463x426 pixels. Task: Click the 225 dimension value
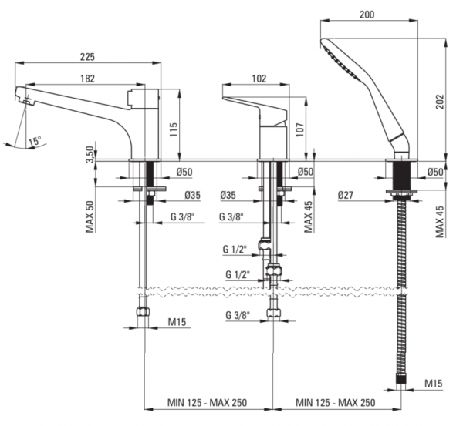click(x=87, y=56)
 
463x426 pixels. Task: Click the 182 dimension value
click(x=87, y=79)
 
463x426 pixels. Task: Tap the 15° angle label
click(x=35, y=141)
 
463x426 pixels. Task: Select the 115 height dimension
click(x=174, y=129)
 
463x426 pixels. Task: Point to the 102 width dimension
click(x=259, y=79)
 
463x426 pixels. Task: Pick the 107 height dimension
click(x=300, y=129)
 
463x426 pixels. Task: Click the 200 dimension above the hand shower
click(x=367, y=15)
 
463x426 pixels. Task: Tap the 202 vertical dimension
click(x=440, y=102)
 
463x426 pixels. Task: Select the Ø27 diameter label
click(x=346, y=195)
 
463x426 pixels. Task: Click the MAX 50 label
click(x=90, y=216)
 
